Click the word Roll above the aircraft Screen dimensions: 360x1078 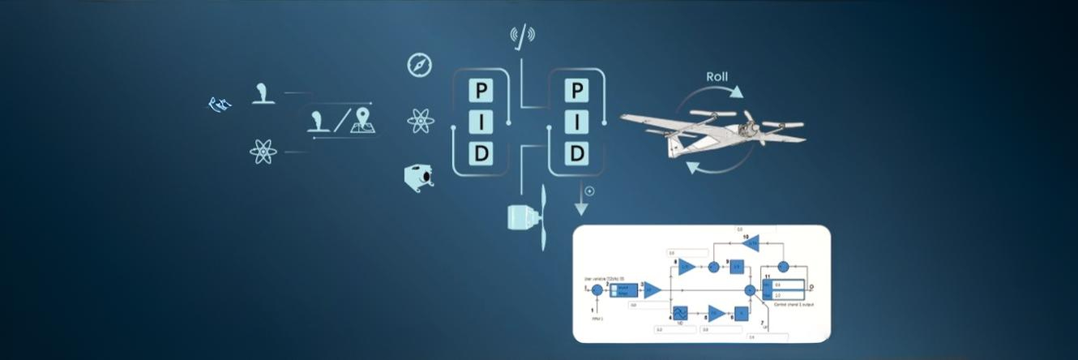(x=717, y=77)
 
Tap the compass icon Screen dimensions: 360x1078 (x=420, y=65)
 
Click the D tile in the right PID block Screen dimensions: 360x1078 (x=577, y=153)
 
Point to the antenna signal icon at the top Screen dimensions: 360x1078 (x=523, y=35)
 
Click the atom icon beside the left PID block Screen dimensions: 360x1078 (x=421, y=122)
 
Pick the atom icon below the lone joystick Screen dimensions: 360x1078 (x=263, y=152)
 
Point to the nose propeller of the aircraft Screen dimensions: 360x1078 (x=749, y=125)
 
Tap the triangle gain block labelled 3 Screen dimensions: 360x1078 (x=652, y=289)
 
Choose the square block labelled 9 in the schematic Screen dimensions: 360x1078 (x=737, y=266)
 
